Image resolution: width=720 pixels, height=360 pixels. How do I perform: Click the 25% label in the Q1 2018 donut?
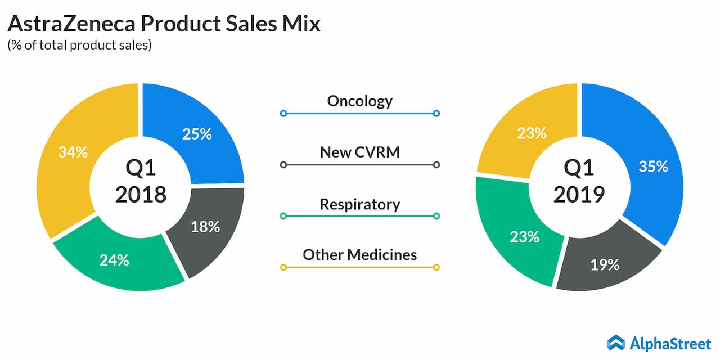197,134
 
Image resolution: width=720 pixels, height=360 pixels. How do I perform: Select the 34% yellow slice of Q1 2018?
73,152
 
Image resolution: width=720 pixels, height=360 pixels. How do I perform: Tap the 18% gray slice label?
205,227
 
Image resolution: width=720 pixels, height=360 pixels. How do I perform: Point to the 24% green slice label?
114,260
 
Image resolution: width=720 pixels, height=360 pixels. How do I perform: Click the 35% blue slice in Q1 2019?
654,166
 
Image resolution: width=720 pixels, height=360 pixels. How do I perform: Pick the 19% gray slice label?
605,264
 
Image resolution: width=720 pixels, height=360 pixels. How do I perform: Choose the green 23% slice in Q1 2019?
524,236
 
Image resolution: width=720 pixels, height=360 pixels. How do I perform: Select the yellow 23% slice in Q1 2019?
532,133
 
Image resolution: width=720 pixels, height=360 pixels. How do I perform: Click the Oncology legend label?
360,101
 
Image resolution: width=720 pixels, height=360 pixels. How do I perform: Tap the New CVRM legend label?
360,152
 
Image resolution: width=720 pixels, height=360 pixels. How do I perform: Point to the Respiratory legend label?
360,204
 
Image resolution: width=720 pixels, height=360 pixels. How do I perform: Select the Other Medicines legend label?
360,254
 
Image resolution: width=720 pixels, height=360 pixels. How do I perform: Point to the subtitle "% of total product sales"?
80,46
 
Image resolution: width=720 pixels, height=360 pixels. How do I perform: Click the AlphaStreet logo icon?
616,342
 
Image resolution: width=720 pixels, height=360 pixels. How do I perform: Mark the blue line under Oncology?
360,114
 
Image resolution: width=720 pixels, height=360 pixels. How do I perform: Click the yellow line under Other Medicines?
360,267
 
